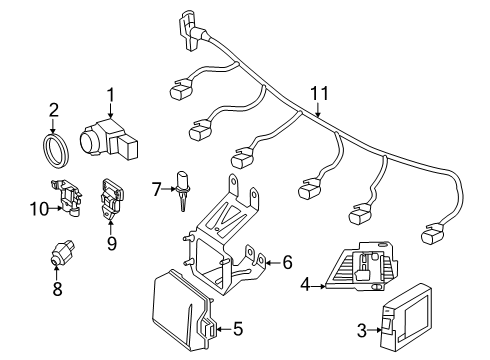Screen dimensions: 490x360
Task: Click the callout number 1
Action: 110,95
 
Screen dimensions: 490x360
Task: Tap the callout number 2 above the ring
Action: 53,110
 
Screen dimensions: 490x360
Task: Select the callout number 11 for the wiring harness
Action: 320,93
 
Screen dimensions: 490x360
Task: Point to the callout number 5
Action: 238,329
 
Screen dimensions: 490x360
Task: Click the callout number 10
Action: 39,209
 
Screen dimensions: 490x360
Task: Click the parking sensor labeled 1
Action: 109,138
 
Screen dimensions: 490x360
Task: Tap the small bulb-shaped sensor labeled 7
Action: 182,190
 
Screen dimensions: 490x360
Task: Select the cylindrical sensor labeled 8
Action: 61,254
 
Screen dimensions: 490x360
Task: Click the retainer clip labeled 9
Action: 111,199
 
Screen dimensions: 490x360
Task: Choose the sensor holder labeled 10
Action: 69,198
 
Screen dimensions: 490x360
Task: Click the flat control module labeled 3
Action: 406,320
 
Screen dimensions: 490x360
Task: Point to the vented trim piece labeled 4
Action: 361,266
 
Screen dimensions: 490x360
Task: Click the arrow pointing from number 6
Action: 273,263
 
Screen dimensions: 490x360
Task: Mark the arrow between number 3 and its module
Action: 375,330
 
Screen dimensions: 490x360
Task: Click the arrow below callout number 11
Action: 318,110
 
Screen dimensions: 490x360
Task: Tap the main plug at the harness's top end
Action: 193,31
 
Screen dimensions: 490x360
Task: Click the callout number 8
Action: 57,288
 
